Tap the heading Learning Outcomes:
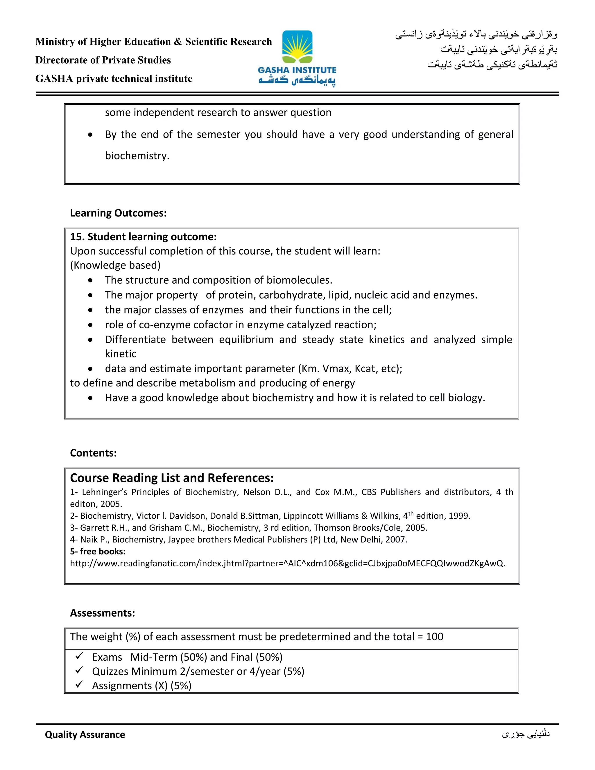point(118,213)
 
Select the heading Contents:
point(93,453)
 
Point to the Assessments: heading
point(102,613)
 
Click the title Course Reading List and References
point(172,478)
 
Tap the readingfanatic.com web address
point(287,563)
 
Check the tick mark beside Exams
point(79,656)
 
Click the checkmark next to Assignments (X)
point(79,684)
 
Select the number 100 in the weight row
point(434,636)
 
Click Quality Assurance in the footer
point(85,734)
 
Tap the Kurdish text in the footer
point(526,734)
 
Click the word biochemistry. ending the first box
point(137,156)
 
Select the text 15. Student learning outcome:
point(143,237)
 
